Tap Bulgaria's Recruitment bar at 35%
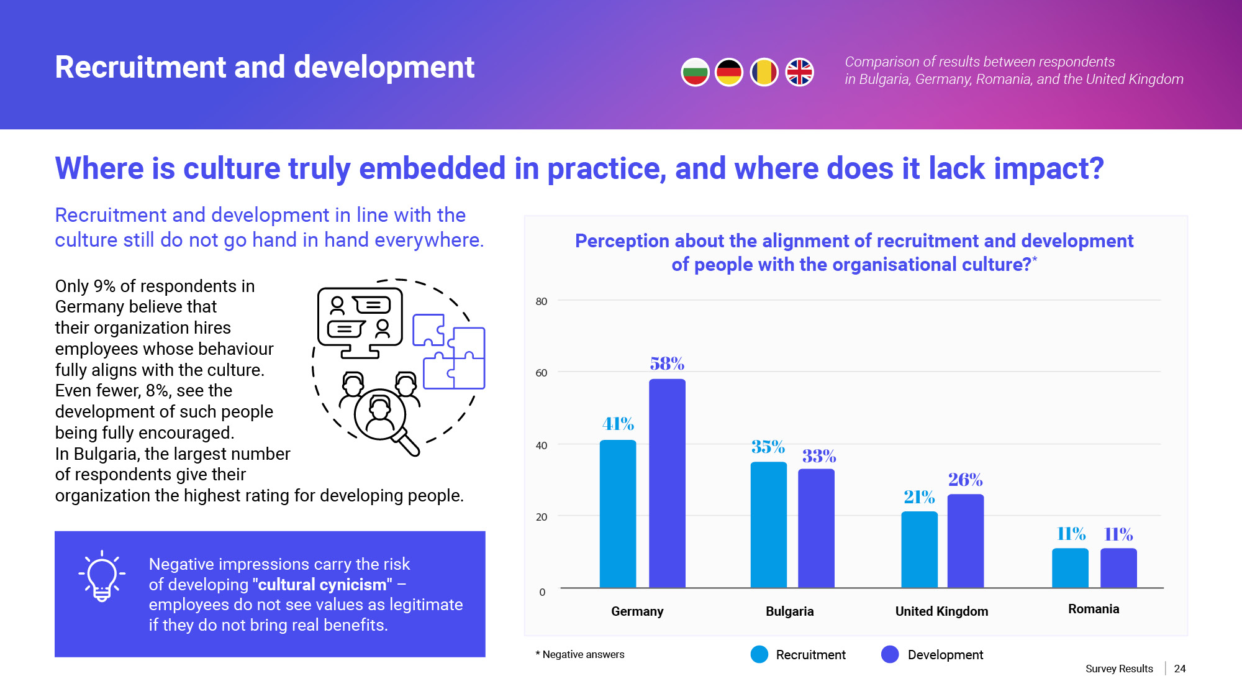768,524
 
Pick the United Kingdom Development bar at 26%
965,541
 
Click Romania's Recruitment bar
1070,568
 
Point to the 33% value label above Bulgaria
818,457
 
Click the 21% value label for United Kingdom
919,497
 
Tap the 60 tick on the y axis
542,373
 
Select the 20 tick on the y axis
542,517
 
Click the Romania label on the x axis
1093,609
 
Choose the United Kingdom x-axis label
941,611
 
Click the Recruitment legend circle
759,654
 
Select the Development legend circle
890,654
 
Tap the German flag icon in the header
729,73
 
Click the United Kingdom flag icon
799,73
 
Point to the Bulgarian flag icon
695,73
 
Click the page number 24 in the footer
1179,669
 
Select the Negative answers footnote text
582,654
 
